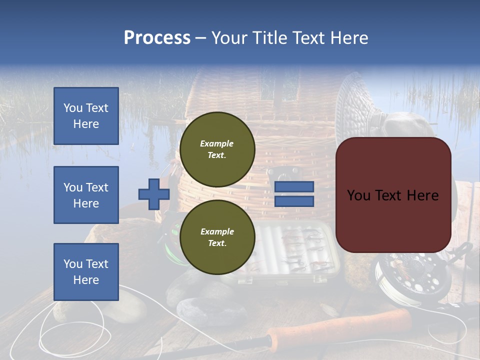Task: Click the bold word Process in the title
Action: pyautogui.click(x=157, y=38)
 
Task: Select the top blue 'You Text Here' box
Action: pyautogui.click(x=86, y=116)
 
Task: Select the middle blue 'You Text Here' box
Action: pyautogui.click(x=86, y=195)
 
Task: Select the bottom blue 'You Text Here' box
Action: pyautogui.click(x=86, y=272)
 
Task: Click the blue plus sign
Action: pyautogui.click(x=154, y=194)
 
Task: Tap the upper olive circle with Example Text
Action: pyautogui.click(x=217, y=149)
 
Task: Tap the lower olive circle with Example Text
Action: pyautogui.click(x=217, y=237)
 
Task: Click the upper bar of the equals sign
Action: pyautogui.click(x=294, y=187)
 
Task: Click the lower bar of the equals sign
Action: pyautogui.click(x=294, y=201)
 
